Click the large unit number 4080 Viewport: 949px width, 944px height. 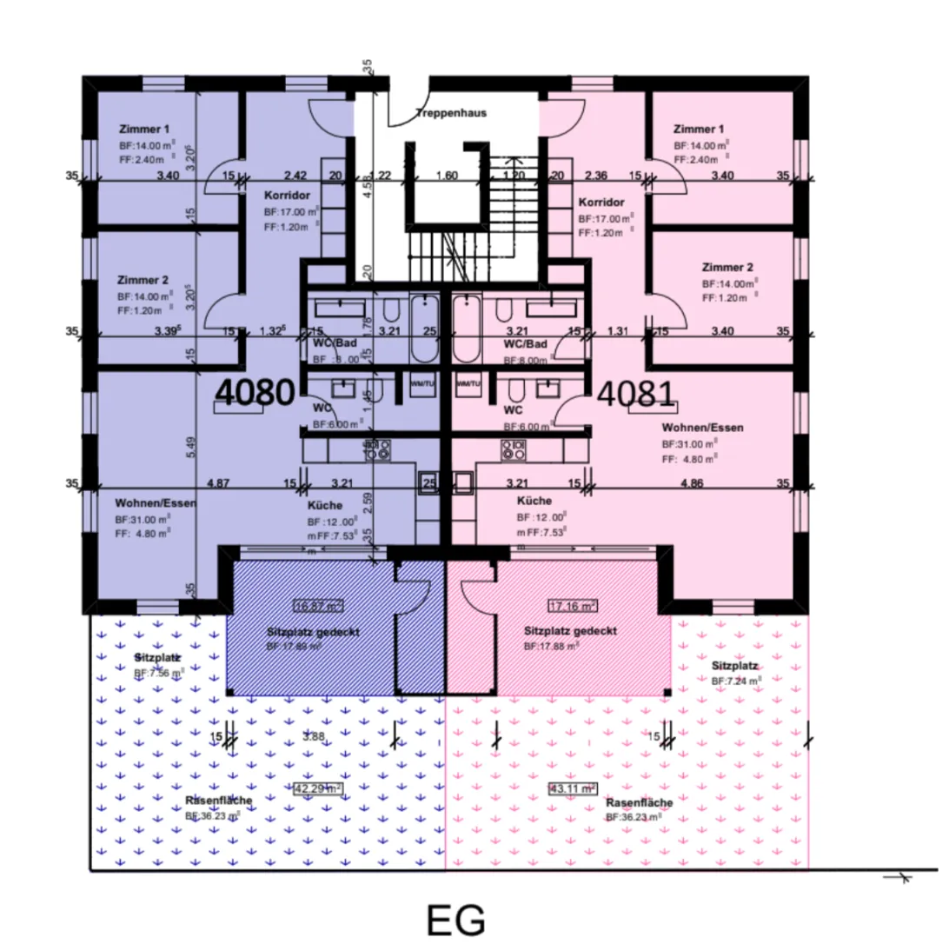(x=255, y=394)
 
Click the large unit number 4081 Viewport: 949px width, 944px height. (x=635, y=394)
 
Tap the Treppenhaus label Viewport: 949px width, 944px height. (x=450, y=113)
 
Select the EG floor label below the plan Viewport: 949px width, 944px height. (x=455, y=920)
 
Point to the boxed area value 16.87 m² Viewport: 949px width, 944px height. (x=318, y=606)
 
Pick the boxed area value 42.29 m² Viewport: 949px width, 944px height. (x=317, y=789)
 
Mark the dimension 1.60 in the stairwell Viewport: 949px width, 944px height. (x=446, y=176)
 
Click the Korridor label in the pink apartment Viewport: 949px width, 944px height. (x=601, y=202)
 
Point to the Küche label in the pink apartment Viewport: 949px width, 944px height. (x=534, y=502)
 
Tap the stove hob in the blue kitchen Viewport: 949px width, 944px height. (x=380, y=450)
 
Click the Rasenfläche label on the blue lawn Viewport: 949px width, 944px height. (x=218, y=801)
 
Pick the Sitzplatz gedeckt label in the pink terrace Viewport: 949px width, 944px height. (x=570, y=631)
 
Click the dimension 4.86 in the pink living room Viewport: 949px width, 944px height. (x=691, y=482)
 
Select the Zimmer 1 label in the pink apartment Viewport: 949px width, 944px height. (x=700, y=129)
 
